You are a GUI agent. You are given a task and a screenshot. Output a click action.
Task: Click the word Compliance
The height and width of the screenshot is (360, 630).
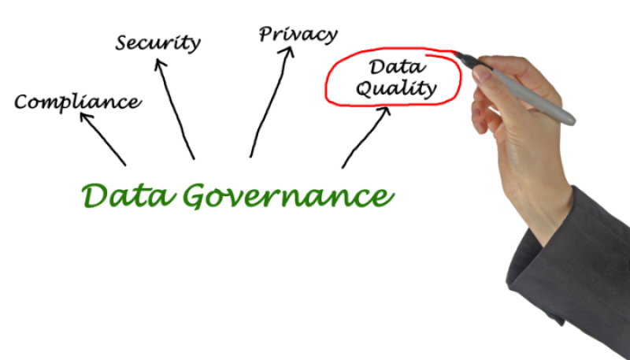[78, 102]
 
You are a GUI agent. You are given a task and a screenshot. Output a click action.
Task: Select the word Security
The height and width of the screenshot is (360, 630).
[158, 43]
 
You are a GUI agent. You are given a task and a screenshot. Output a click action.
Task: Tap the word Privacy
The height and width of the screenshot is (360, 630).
[298, 35]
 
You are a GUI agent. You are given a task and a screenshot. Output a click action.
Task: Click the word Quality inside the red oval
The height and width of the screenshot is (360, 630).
[396, 88]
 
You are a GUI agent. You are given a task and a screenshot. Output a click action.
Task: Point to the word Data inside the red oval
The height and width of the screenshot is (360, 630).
[397, 67]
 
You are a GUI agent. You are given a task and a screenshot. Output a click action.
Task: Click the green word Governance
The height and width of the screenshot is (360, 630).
[288, 196]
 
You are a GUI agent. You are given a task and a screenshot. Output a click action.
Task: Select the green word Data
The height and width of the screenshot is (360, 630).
[128, 195]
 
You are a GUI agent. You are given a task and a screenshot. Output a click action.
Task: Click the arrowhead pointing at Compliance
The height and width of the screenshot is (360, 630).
[86, 117]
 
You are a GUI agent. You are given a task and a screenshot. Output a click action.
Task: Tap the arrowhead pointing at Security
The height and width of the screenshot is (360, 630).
[160, 64]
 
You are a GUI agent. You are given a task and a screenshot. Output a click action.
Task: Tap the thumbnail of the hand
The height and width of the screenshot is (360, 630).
[481, 73]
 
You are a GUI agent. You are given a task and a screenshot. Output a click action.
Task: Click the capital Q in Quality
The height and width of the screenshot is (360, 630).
[364, 89]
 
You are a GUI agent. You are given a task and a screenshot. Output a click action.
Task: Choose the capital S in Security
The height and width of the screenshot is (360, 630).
[122, 43]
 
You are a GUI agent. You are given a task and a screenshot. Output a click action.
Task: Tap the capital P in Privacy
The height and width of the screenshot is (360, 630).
[267, 34]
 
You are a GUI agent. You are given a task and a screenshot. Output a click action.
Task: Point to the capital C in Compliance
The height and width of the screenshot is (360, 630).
[23, 102]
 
